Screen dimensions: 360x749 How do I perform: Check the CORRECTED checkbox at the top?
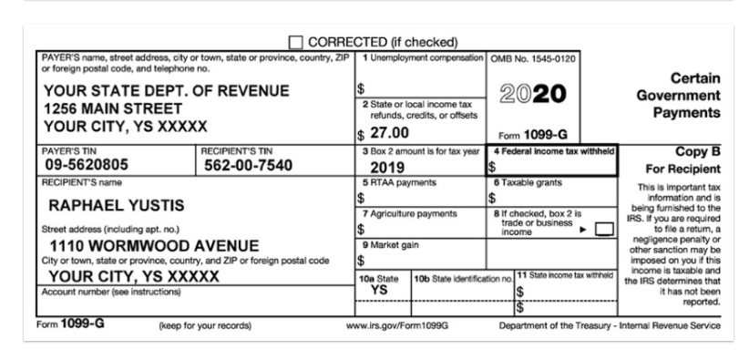coord(296,42)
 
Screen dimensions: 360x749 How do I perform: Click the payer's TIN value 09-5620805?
coord(86,165)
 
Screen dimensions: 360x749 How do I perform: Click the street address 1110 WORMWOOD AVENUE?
coord(154,246)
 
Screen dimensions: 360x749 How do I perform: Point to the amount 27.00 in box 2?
coord(389,132)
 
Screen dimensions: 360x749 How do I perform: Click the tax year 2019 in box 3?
coord(387,169)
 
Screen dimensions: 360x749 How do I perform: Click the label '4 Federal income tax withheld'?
coord(554,150)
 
